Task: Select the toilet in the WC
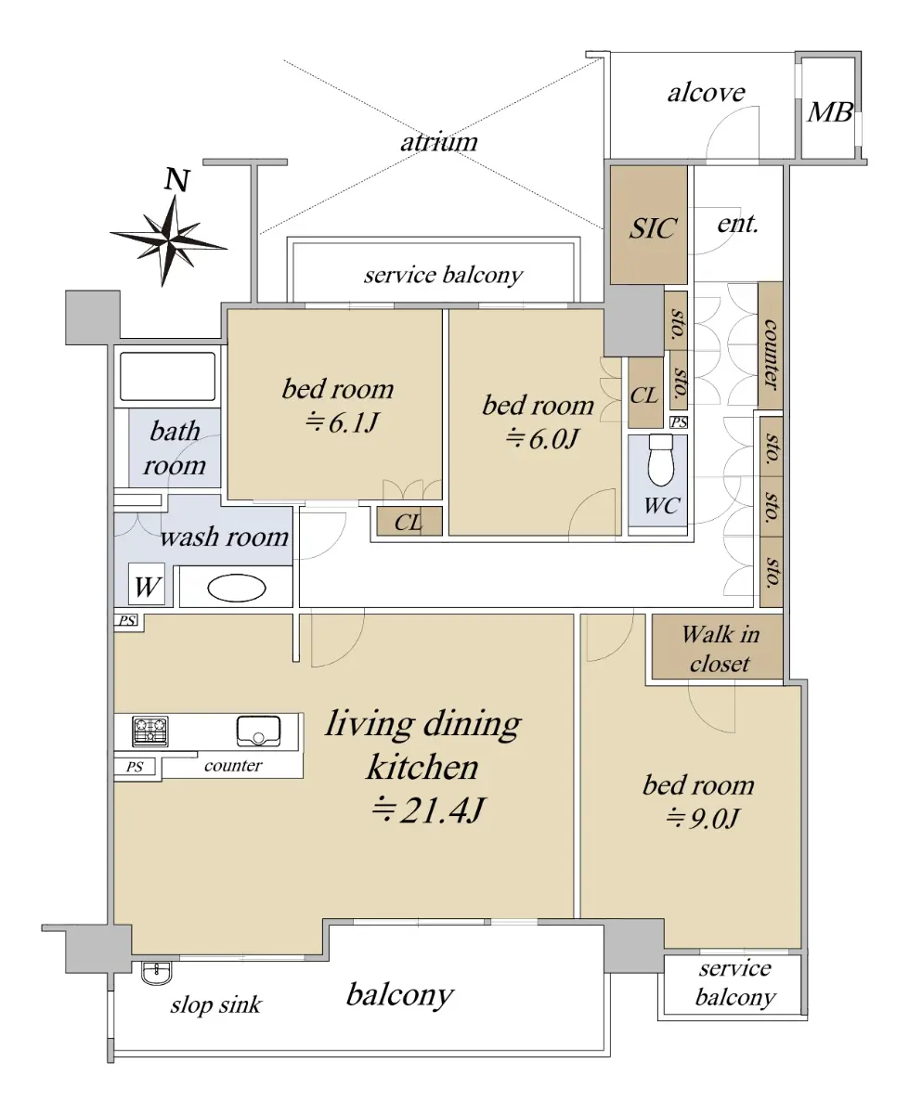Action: [660, 460]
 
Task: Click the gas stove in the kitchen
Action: [150, 731]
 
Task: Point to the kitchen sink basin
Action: [258, 731]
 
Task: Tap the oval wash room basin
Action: [236, 588]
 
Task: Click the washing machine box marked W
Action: [147, 585]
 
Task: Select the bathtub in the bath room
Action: [167, 376]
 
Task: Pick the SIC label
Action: [653, 228]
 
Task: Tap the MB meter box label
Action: [830, 112]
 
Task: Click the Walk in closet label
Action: [720, 649]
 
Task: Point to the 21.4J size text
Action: [427, 810]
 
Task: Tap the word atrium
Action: [439, 142]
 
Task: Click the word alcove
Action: [707, 93]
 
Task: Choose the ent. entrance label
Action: [738, 224]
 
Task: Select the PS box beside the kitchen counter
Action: [135, 767]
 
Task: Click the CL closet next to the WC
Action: [645, 393]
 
